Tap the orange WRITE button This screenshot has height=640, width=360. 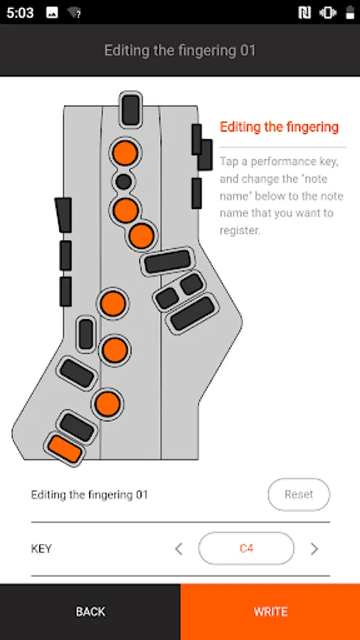point(270,612)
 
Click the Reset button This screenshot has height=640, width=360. point(299,495)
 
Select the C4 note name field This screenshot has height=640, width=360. point(246,548)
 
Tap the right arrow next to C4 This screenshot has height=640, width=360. point(314,548)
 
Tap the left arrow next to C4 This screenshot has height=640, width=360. point(179,548)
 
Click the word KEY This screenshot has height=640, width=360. point(41,548)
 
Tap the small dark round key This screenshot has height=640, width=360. point(123,181)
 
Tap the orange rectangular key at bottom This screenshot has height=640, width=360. point(65,449)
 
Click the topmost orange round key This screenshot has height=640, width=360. point(125,153)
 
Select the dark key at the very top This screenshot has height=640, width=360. point(131,110)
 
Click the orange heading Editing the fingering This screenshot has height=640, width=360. point(279,127)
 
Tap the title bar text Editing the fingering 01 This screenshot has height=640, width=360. point(179,50)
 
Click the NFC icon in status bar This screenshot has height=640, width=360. point(305,13)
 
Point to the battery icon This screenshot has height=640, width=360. point(350,13)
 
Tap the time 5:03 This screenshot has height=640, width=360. point(20,13)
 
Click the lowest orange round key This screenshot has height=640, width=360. point(107,403)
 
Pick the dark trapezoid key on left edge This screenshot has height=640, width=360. point(63,215)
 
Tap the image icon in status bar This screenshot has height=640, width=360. point(52,13)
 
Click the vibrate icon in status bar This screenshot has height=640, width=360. point(328,13)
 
